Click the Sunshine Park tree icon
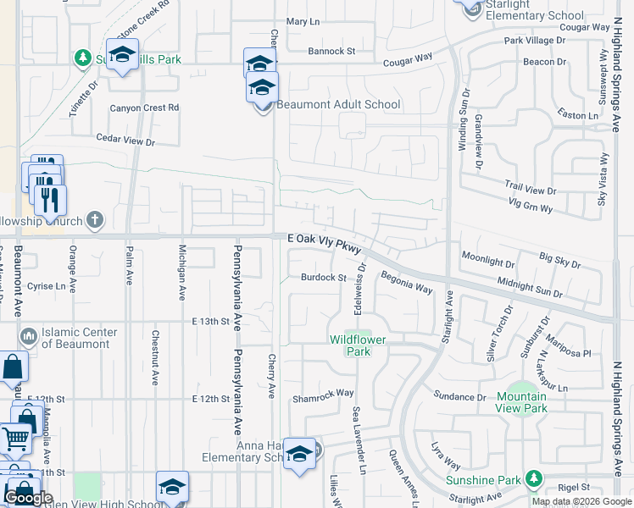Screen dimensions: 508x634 tap(534, 479)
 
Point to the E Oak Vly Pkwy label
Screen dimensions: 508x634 tap(325, 243)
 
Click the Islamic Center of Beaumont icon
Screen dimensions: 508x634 tap(30, 338)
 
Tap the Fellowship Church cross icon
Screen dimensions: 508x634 tap(95, 220)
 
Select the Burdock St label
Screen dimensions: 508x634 tap(324, 278)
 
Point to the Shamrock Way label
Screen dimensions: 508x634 tap(323, 393)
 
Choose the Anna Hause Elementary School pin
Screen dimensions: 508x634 tap(299, 454)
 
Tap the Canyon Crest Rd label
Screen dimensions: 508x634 tap(145, 108)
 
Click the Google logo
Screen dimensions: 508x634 tap(28, 498)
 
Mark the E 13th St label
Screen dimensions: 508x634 tap(211, 322)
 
